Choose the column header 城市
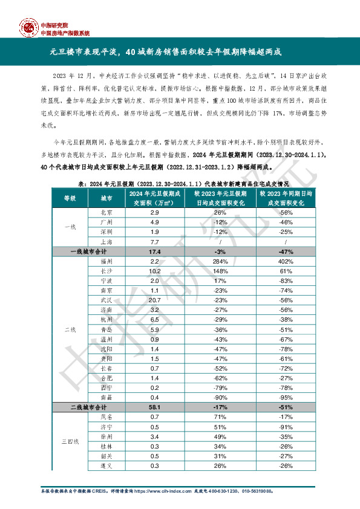106,198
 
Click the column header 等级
70,198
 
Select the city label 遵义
106,466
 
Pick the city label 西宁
106,389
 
